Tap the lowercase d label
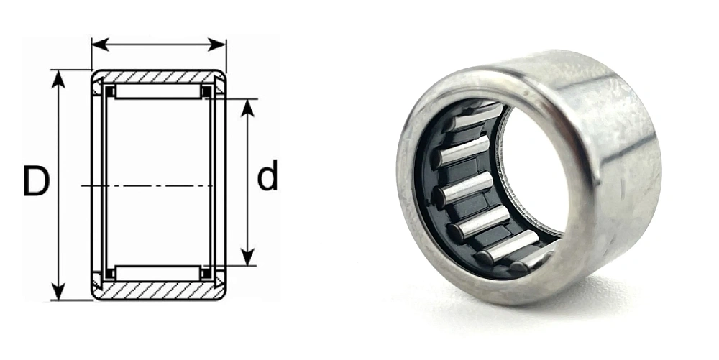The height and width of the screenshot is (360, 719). tap(267, 177)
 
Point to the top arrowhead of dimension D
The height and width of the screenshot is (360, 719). tap(58, 78)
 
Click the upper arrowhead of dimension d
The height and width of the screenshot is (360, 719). tap(248, 107)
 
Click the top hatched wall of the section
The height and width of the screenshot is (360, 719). tap(158, 76)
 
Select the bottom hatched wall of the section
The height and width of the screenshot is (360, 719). tap(158, 291)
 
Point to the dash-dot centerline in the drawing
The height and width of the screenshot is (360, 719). tap(158, 186)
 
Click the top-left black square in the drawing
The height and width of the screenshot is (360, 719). tap(111, 92)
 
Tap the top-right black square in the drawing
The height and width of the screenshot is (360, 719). tap(206, 92)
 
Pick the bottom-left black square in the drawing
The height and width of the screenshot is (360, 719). tap(111, 273)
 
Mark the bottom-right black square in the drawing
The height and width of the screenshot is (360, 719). tap(206, 273)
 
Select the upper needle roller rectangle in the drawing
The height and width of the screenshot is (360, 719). tap(158, 91)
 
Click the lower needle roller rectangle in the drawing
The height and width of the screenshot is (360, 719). tap(158, 273)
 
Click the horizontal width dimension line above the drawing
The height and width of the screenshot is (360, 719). tap(158, 45)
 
